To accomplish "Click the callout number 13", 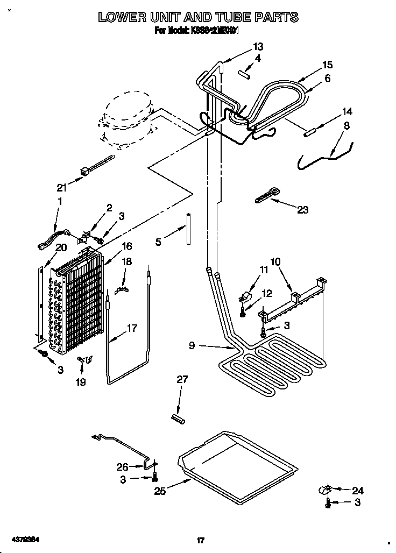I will (258, 46).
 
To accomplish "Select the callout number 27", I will (182, 379).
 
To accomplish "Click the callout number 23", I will (302, 210).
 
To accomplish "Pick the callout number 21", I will (61, 187).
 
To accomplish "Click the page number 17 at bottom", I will (200, 540).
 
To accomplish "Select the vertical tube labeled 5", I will (189, 229).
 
